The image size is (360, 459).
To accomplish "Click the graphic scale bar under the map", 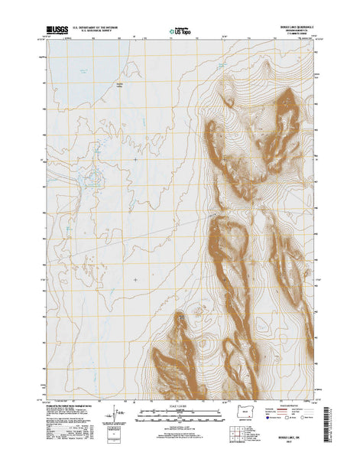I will pyautogui.click(x=180, y=414).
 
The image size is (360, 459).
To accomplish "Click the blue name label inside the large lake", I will pyautogui.click(x=118, y=83).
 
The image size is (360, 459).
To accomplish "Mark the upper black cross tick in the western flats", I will pyautogui.click(x=135, y=159).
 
